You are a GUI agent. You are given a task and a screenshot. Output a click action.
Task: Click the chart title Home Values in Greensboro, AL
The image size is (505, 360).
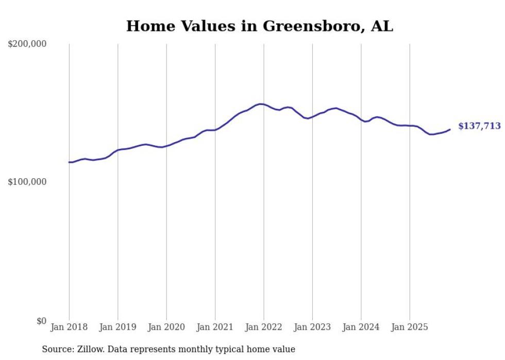[x=259, y=26]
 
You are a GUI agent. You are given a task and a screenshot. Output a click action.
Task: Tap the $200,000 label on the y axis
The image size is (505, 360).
[x=27, y=44]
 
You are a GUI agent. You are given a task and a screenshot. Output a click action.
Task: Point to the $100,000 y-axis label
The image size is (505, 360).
[x=27, y=182]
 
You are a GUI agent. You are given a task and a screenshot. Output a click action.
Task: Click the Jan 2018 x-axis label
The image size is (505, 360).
[x=69, y=327]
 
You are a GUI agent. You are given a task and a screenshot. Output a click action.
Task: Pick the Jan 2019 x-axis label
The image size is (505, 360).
[x=118, y=327]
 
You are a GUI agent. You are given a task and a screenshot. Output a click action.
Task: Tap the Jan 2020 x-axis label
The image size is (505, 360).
[x=166, y=327]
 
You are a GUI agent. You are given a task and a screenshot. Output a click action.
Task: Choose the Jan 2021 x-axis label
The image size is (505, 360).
[x=215, y=327]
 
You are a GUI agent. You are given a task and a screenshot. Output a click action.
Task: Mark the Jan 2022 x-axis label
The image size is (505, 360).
[x=264, y=327]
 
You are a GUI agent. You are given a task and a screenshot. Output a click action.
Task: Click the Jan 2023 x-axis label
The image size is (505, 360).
[x=313, y=327]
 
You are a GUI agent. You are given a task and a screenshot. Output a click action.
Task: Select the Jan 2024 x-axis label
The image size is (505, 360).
[x=361, y=327]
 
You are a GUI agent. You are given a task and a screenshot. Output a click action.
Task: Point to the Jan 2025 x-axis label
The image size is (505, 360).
[x=410, y=327]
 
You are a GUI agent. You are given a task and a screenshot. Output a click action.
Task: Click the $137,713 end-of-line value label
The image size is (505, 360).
[x=479, y=126]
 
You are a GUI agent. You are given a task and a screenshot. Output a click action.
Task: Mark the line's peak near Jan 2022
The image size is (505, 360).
[x=261, y=104]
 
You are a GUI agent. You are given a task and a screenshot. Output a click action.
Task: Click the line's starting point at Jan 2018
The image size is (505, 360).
[x=69, y=162]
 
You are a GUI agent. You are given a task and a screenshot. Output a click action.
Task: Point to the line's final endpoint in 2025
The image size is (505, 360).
[x=450, y=129]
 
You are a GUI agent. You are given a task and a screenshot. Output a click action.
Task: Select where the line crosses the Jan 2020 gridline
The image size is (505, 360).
[x=166, y=146]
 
